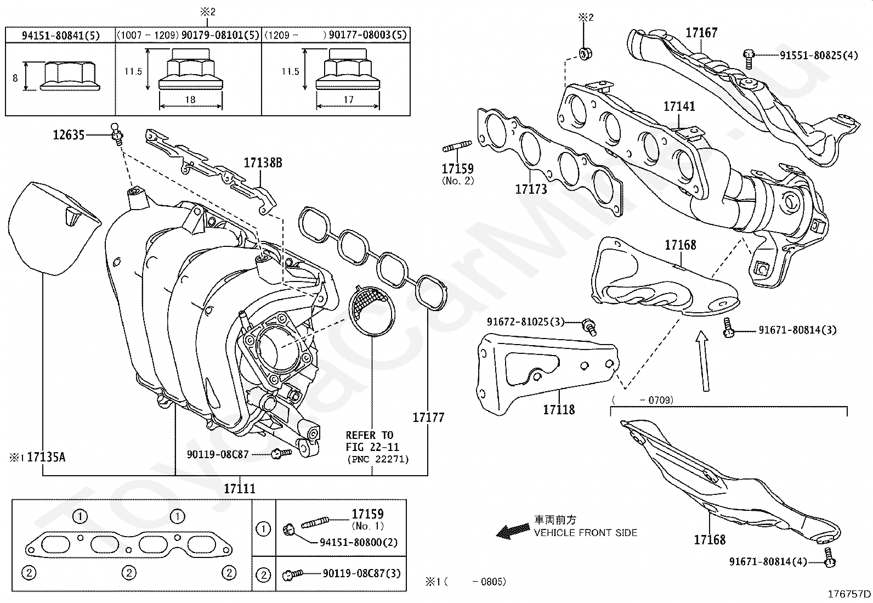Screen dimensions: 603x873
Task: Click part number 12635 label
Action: pyautogui.click(x=69, y=134)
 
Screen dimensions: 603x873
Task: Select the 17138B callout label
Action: pyautogui.click(x=263, y=163)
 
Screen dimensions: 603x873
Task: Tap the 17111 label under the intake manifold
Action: pyautogui.click(x=240, y=488)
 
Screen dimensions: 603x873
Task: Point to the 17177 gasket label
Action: pyautogui.click(x=428, y=418)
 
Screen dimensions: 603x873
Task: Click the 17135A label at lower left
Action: pyautogui.click(x=46, y=457)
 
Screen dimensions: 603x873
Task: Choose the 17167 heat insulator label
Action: pyautogui.click(x=701, y=33)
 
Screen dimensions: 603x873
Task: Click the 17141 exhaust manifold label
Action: pyautogui.click(x=679, y=106)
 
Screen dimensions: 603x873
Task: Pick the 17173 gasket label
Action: pyautogui.click(x=531, y=189)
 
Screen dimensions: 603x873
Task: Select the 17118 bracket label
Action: pyautogui.click(x=559, y=409)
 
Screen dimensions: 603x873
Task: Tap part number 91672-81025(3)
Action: pyautogui.click(x=525, y=322)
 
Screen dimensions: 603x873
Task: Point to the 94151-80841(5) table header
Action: pyautogui.click(x=61, y=36)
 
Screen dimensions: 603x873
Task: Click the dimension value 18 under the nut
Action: pyautogui.click(x=190, y=100)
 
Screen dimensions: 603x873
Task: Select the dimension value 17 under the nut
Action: pyautogui.click(x=348, y=100)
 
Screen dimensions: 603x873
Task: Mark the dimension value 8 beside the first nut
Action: pyautogui.click(x=15, y=78)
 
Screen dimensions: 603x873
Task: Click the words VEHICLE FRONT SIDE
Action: pyautogui.click(x=586, y=533)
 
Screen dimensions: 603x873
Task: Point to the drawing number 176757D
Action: pyautogui.click(x=849, y=594)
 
